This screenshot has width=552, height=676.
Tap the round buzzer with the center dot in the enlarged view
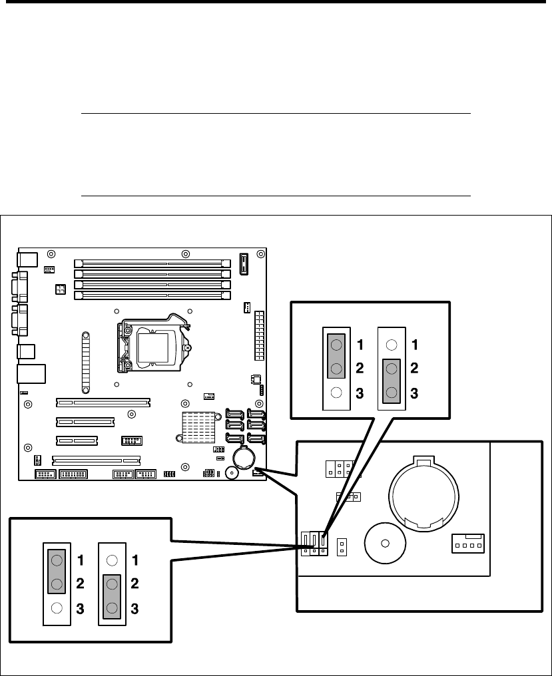click(385, 543)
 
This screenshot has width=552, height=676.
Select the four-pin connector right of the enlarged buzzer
click(468, 543)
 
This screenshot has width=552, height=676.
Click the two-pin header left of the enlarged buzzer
click(342, 547)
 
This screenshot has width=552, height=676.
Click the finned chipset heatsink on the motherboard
click(198, 427)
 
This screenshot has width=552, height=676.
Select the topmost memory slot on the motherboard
click(152, 263)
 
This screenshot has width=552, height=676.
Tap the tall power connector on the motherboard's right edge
click(260, 336)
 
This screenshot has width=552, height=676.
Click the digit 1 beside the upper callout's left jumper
click(360, 345)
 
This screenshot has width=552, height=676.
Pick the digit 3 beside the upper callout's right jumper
click(414, 393)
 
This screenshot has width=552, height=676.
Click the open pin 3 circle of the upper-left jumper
click(336, 393)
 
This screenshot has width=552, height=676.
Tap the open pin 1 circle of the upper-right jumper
click(392, 345)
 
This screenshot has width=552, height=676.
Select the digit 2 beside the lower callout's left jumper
click(81, 584)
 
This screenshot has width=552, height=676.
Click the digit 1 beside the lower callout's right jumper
click(135, 560)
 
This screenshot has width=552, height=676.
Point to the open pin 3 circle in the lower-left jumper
click(57, 608)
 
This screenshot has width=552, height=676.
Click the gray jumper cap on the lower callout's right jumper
click(112, 597)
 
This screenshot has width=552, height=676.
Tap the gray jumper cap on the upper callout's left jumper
click(336, 356)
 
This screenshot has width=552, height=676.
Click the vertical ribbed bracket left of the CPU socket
click(86, 362)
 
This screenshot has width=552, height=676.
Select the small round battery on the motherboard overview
click(244, 458)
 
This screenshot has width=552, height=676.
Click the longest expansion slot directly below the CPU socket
click(103, 403)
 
